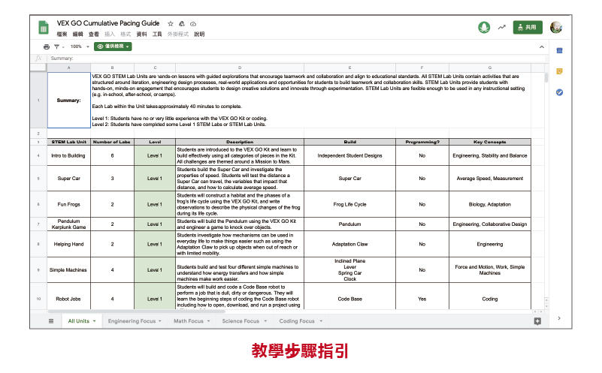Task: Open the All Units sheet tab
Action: [x=79, y=321]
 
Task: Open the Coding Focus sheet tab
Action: [x=297, y=321]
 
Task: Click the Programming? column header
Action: [x=422, y=141]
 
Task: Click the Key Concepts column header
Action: [x=489, y=141]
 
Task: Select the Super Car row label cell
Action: [x=68, y=179]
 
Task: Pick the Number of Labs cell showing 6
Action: [x=112, y=155]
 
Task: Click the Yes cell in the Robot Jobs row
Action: [x=422, y=299]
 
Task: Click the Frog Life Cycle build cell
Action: [x=349, y=204]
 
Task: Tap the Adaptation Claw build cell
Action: [x=349, y=244]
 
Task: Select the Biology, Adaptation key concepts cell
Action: [x=489, y=204]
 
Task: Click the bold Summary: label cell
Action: [x=68, y=100]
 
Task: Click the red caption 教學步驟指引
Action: [x=300, y=350]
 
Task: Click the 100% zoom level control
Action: [x=75, y=47]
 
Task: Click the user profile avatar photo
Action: [x=555, y=27]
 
